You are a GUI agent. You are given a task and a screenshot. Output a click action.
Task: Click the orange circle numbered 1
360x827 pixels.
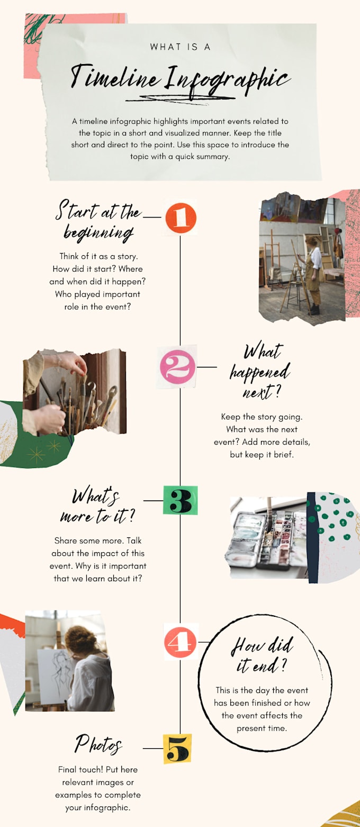click(x=181, y=218)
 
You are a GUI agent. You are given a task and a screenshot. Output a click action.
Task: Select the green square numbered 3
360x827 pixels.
click(x=180, y=500)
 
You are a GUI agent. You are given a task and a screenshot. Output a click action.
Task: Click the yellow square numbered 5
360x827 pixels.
click(x=177, y=749)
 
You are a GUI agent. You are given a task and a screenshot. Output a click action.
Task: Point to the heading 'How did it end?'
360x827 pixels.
click(x=262, y=655)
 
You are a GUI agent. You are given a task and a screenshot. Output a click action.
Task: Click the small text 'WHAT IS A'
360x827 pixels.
click(x=180, y=47)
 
